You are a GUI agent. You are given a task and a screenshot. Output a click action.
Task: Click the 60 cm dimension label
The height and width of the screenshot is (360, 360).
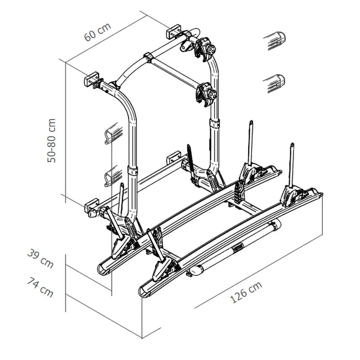click(x=98, y=32)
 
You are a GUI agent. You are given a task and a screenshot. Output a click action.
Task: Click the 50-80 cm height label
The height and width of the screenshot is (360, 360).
click(x=52, y=141)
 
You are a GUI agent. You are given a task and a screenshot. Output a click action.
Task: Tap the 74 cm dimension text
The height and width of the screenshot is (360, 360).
click(x=40, y=287)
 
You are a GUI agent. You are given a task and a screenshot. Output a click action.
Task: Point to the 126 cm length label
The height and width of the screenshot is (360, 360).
click(x=246, y=292)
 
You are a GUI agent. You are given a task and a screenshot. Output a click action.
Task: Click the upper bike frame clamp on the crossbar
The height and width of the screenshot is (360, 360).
click(x=205, y=48)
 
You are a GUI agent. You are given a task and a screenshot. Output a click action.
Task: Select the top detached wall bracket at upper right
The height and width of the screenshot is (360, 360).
click(x=274, y=40)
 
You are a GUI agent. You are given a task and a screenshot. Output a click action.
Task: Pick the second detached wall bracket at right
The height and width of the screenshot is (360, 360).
click(x=274, y=83)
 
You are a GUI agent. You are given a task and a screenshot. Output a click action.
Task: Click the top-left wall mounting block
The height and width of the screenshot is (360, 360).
click(x=92, y=80)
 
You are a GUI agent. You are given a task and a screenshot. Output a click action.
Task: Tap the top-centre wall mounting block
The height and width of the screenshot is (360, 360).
click(x=175, y=31)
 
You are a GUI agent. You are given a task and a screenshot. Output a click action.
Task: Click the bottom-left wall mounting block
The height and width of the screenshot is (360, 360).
click(x=92, y=208)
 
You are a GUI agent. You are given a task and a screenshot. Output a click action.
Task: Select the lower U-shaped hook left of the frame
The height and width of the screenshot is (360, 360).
click(x=113, y=177)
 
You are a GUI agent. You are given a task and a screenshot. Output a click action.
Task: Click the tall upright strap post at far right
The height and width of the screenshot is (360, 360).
click(x=292, y=167)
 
